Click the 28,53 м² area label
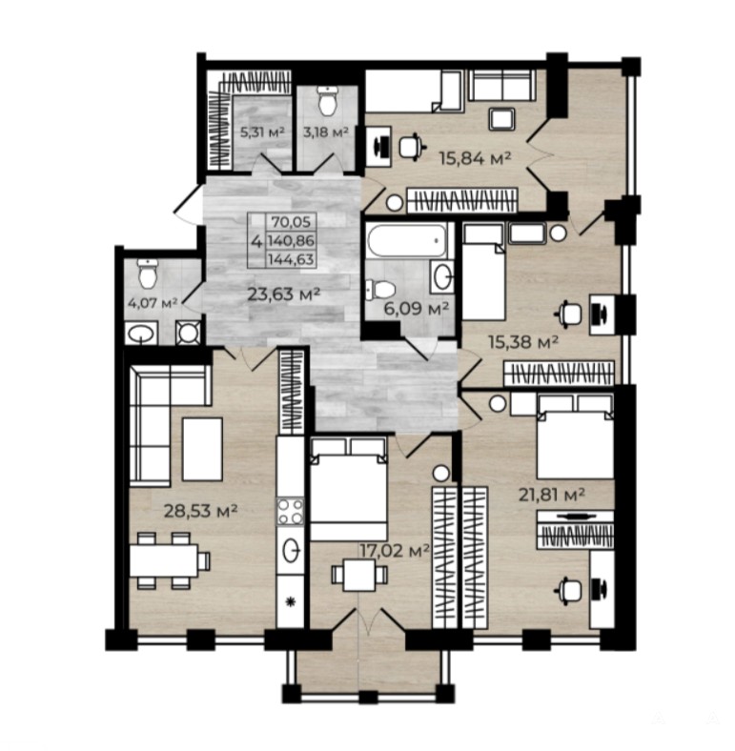coord(201,511)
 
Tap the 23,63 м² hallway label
coord(284,294)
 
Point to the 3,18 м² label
coord(326,132)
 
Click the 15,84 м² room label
coord(476,158)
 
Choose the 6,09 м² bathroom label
coord(417,309)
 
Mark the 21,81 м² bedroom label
coord(552,494)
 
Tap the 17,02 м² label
coord(395,551)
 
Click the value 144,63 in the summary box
coord(291,259)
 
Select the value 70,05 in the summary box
coord(291,222)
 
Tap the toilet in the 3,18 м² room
coord(328,101)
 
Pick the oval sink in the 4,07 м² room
coord(141,333)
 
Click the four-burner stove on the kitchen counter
coord(291,512)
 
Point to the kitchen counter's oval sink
coord(292,550)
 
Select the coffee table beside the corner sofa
coord(202,449)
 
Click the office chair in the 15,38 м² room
coord(570,315)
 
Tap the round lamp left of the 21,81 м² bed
coord(498,403)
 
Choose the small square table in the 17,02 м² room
coord(359,575)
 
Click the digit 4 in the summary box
coord(256,241)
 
